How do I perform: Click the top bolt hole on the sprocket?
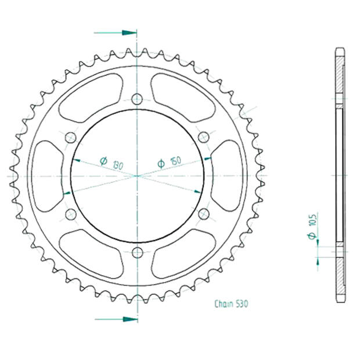point(137,98)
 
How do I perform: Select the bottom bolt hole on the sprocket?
point(137,252)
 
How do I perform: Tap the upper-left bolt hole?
point(71,137)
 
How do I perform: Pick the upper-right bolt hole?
point(203,136)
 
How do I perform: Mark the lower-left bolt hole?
point(71,214)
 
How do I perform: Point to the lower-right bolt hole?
point(203,214)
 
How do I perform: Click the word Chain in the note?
point(224,304)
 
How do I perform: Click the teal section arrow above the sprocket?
point(115,33)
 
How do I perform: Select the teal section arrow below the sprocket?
point(115,319)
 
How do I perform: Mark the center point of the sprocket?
point(137,175)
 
